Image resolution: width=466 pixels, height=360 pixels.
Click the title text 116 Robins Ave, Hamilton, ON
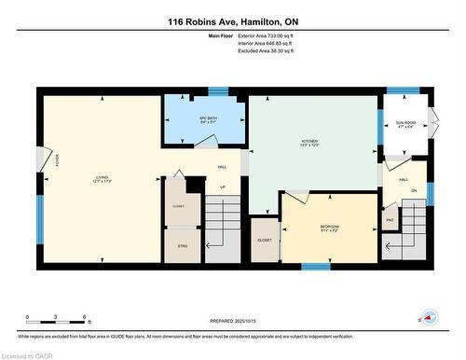[232, 21]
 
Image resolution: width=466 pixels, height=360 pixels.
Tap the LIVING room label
[103, 178]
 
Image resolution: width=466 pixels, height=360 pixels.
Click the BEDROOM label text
[329, 228]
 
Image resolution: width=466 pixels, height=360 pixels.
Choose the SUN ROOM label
[405, 124]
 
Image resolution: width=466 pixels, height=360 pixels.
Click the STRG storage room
[182, 246]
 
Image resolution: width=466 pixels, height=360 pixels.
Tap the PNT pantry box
[390, 220]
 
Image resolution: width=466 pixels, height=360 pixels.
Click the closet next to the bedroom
[266, 240]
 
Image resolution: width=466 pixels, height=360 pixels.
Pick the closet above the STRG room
[179, 206]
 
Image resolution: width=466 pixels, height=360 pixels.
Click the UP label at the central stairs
[223, 187]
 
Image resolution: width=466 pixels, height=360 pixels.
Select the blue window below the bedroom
[315, 267]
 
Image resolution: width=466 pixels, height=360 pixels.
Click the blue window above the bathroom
[217, 90]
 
